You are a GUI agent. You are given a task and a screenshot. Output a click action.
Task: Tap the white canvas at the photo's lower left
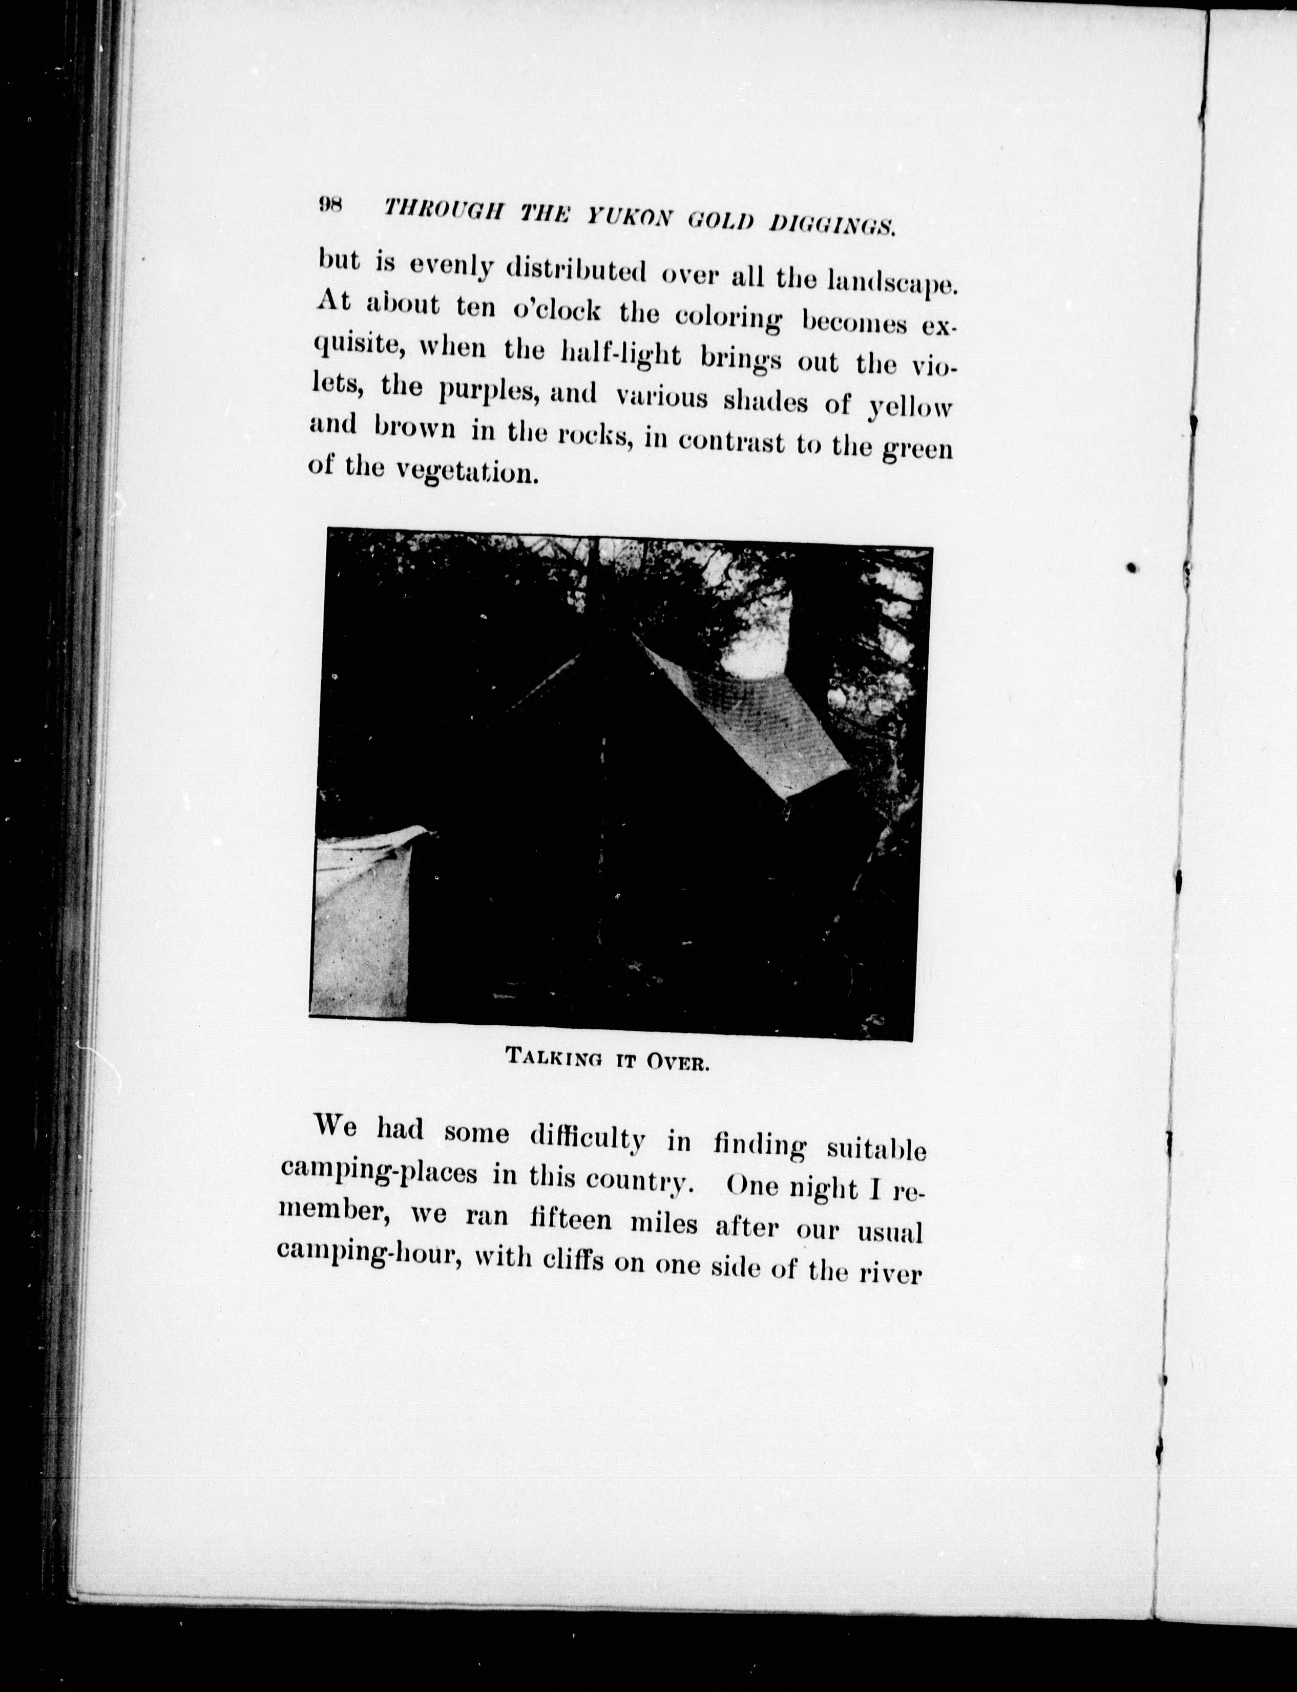point(360,926)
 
